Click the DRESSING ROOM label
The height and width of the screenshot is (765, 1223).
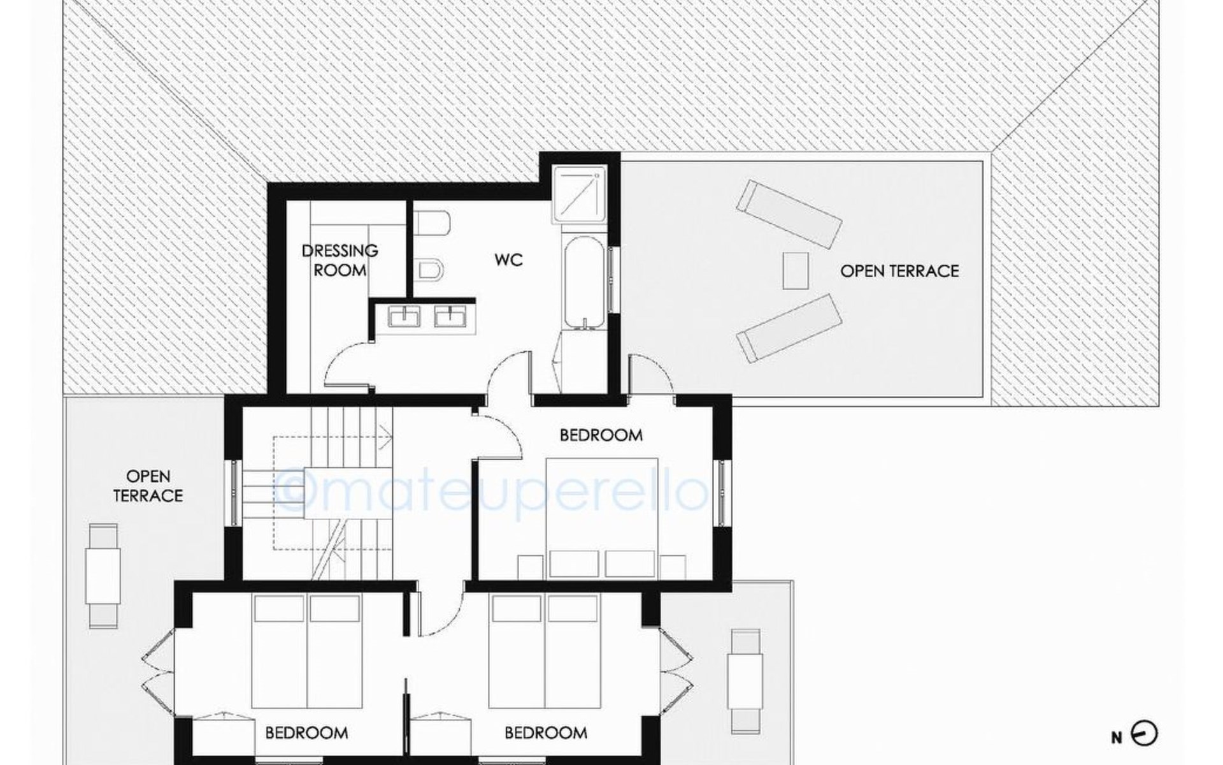coord(340,259)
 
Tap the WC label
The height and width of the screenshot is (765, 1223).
coord(508,259)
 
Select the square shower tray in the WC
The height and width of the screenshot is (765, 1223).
coord(578,195)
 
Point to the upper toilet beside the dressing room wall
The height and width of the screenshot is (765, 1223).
coord(433,224)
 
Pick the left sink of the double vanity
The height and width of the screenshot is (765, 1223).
coord(403,316)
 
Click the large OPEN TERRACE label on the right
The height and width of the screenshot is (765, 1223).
coord(899,271)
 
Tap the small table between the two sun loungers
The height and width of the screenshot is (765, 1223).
coord(796,270)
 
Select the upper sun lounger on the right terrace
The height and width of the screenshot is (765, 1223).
coord(789,214)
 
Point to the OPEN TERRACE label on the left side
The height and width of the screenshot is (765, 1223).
coord(148,486)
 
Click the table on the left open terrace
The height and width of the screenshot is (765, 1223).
coord(103,576)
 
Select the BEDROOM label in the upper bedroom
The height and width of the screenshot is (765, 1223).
coord(601,435)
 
